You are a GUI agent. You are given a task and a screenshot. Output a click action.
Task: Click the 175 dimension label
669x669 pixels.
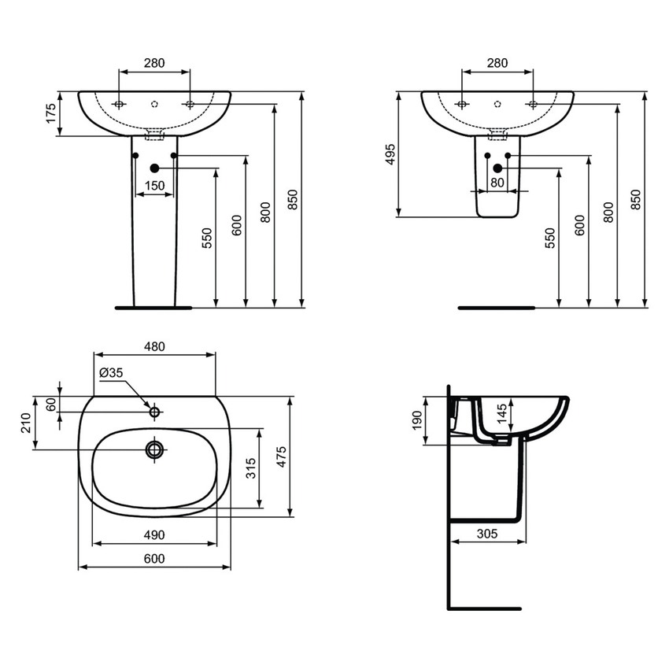pyautogui.click(x=51, y=113)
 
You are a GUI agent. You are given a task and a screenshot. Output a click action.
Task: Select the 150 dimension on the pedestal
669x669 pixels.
pyautogui.click(x=154, y=186)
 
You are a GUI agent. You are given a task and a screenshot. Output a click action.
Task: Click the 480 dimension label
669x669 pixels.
pyautogui.click(x=154, y=346)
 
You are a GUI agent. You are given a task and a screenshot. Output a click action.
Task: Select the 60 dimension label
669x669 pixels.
pyautogui.click(x=51, y=405)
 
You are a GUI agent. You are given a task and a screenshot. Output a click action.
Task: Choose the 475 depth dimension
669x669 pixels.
pyautogui.click(x=282, y=456)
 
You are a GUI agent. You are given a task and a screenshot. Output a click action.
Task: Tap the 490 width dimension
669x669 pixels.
pyautogui.click(x=154, y=535)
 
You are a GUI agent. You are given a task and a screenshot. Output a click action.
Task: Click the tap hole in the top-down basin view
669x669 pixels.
pyautogui.click(x=154, y=411)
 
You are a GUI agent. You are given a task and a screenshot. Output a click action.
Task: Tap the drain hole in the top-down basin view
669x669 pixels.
pyautogui.click(x=154, y=449)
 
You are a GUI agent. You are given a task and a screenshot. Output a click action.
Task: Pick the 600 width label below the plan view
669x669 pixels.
pyautogui.click(x=154, y=558)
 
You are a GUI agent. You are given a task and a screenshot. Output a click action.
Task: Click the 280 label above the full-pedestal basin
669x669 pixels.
pyautogui.click(x=154, y=64)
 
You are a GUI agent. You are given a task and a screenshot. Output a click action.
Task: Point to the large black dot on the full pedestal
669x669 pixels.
pyautogui.click(x=154, y=168)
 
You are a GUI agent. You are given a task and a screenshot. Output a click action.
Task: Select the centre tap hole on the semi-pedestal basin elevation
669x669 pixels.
pyautogui.click(x=497, y=103)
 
